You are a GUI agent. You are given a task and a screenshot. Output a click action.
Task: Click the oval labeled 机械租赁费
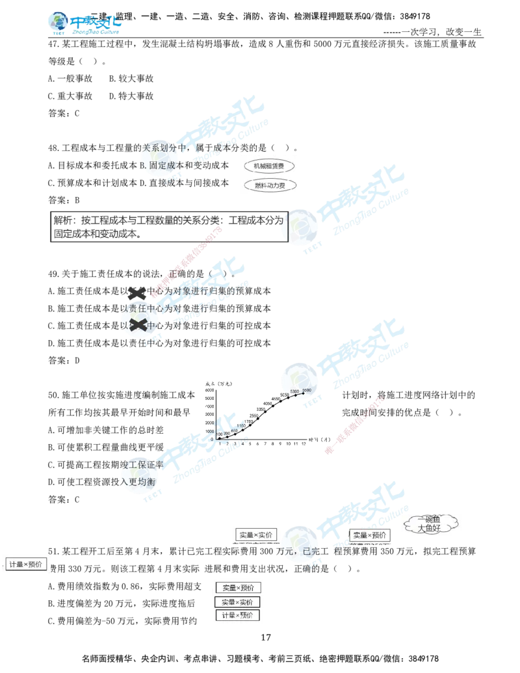(x=269, y=166)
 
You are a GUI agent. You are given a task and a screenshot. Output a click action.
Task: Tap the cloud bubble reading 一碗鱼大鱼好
(x=432, y=523)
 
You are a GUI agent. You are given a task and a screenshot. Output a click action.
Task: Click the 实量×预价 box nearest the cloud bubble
(x=369, y=535)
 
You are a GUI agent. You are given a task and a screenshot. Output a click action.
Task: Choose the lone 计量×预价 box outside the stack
(x=26, y=564)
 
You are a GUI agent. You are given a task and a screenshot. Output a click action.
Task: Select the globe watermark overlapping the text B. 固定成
(x=155, y=157)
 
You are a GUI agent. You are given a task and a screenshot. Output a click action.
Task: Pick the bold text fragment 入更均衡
(x=138, y=482)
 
